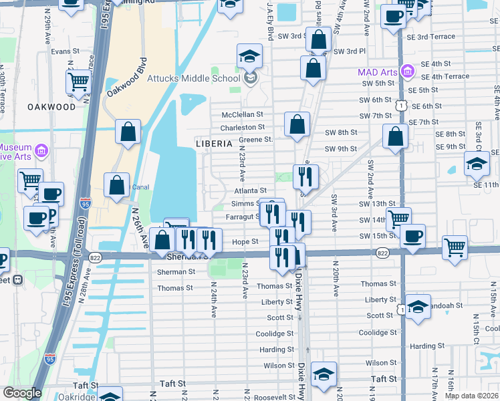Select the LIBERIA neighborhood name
coord(214,144)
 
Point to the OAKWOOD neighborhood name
coord(51,107)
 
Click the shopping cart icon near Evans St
coord(78,82)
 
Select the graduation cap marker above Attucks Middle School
coord(249,56)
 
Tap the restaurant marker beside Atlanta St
coord(305,176)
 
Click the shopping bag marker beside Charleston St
coord(297,124)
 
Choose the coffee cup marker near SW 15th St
coord(412,237)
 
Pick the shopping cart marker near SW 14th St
coord(398,218)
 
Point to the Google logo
coord(22,393)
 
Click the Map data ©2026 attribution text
coord(471,396)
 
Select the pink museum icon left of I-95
coord(41,148)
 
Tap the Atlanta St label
coord(254,190)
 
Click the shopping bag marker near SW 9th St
coord(396,136)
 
